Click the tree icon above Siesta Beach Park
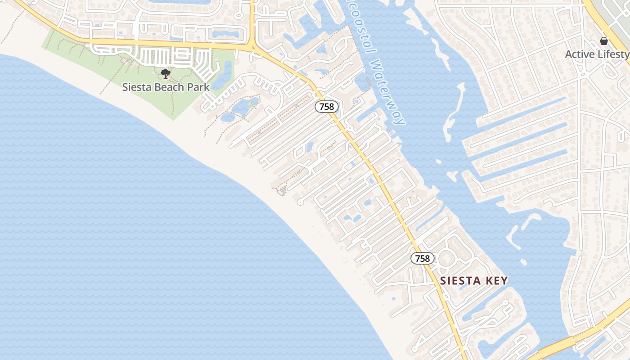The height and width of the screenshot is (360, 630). [x=166, y=73]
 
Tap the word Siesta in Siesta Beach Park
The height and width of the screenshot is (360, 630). [x=137, y=87]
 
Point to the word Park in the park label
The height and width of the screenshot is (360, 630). [x=199, y=87]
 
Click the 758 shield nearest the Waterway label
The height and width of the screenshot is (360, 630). [x=326, y=107]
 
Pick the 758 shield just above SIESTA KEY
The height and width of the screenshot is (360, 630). [x=423, y=258]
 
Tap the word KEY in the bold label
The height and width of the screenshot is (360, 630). [x=497, y=281]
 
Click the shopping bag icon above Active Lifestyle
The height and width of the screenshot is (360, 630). [x=604, y=41]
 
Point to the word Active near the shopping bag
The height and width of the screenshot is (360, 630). [x=580, y=54]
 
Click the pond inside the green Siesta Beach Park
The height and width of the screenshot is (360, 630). [x=223, y=76]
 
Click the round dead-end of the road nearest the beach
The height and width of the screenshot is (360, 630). [x=301, y=202]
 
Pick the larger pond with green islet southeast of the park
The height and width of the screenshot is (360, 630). [x=243, y=107]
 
